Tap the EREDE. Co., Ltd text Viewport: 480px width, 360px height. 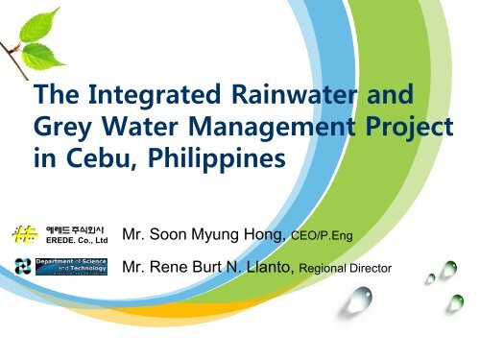[78, 238]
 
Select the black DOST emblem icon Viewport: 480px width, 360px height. [20, 266]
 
